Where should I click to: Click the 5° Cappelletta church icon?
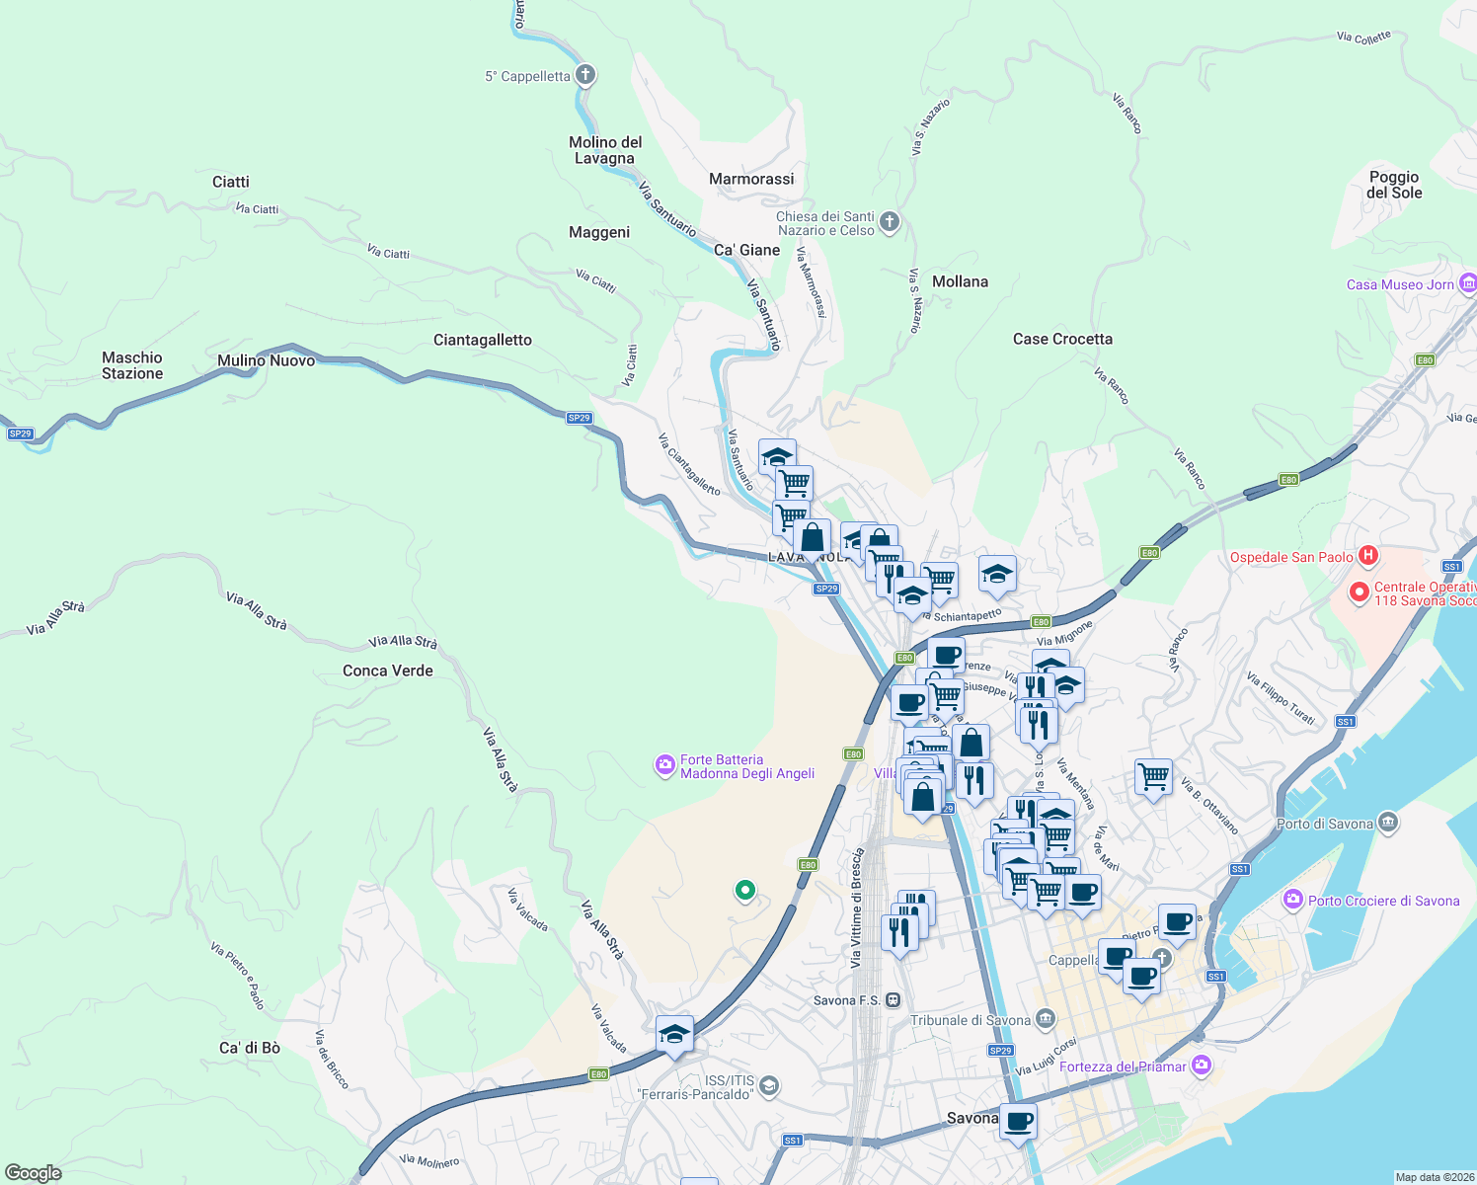585,75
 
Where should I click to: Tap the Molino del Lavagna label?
605,150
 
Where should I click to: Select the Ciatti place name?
231,182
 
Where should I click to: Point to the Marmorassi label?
751,179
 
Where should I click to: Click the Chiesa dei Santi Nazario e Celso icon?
890,221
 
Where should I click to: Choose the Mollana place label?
960,281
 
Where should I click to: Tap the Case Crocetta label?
1062,339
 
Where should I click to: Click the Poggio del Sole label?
1394,185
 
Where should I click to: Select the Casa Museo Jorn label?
1400,284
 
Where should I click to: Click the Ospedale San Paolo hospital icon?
1368,556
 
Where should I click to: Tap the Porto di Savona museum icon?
1388,822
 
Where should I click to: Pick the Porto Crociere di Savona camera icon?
1292,900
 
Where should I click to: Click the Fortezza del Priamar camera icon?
1202,1065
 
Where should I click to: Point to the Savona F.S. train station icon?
893,999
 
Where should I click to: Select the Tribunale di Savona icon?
1046,1019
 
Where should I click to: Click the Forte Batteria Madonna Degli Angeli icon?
665,765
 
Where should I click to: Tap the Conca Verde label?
388,671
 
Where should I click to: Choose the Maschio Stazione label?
132,365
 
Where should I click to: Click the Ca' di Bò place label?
250,1048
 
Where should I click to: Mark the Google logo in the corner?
33,1172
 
